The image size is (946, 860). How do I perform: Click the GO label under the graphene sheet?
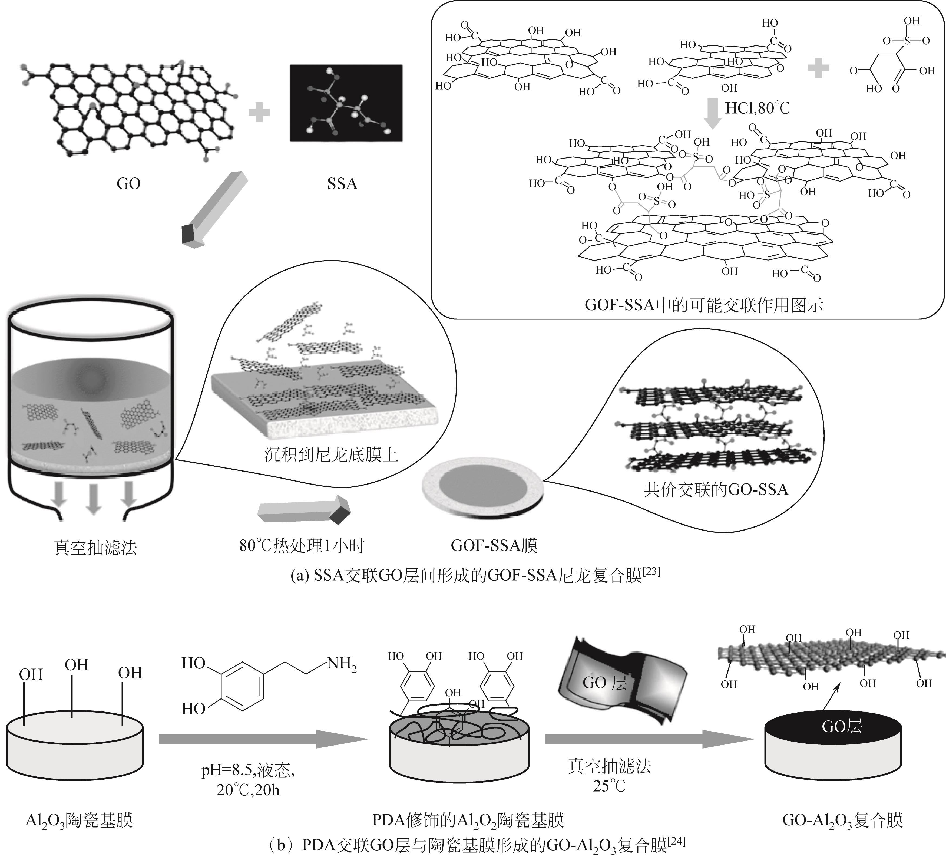[128, 183]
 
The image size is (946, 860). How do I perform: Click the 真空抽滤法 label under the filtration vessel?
[95, 547]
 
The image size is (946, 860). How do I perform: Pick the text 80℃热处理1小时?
[302, 545]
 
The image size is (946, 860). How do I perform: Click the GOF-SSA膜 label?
[494, 545]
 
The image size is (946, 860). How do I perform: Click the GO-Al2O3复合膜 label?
[842, 820]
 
